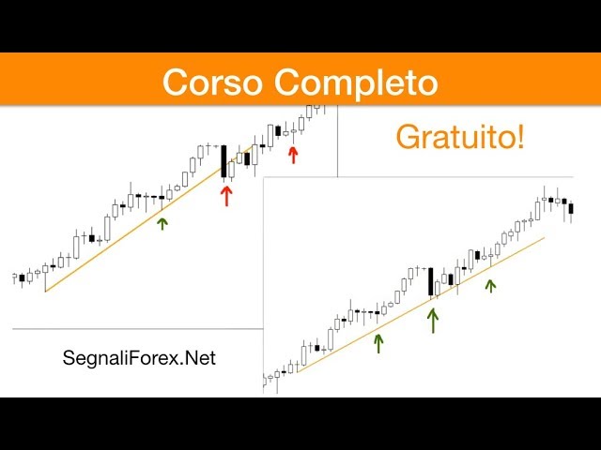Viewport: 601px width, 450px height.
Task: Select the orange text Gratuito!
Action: (x=460, y=137)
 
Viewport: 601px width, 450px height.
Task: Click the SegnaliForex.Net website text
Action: (x=139, y=358)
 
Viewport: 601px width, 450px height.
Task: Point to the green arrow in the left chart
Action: (x=162, y=224)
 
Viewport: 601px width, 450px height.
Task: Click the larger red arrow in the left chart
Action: (x=226, y=196)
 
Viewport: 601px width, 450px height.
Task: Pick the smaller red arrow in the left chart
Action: (x=293, y=156)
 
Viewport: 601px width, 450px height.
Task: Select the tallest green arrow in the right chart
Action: (x=433, y=321)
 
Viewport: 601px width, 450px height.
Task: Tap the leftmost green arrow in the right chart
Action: (x=378, y=344)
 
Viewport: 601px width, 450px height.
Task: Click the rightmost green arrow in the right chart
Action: (x=490, y=286)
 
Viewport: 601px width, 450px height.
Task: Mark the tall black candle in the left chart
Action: (x=223, y=161)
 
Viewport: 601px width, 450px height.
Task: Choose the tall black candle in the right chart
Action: (x=431, y=281)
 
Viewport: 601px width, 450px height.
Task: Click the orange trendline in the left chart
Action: (x=149, y=218)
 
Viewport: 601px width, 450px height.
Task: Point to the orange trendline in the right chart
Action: (x=421, y=305)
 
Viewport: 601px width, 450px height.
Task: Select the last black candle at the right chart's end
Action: (x=571, y=208)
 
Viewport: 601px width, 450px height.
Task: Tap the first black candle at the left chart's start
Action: (x=22, y=277)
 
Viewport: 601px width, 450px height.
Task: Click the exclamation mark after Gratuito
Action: (x=520, y=136)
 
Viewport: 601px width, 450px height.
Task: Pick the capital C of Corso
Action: (x=176, y=82)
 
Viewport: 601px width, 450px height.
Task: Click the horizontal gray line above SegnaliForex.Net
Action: (x=138, y=329)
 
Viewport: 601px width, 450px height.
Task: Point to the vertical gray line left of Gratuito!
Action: (x=338, y=142)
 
